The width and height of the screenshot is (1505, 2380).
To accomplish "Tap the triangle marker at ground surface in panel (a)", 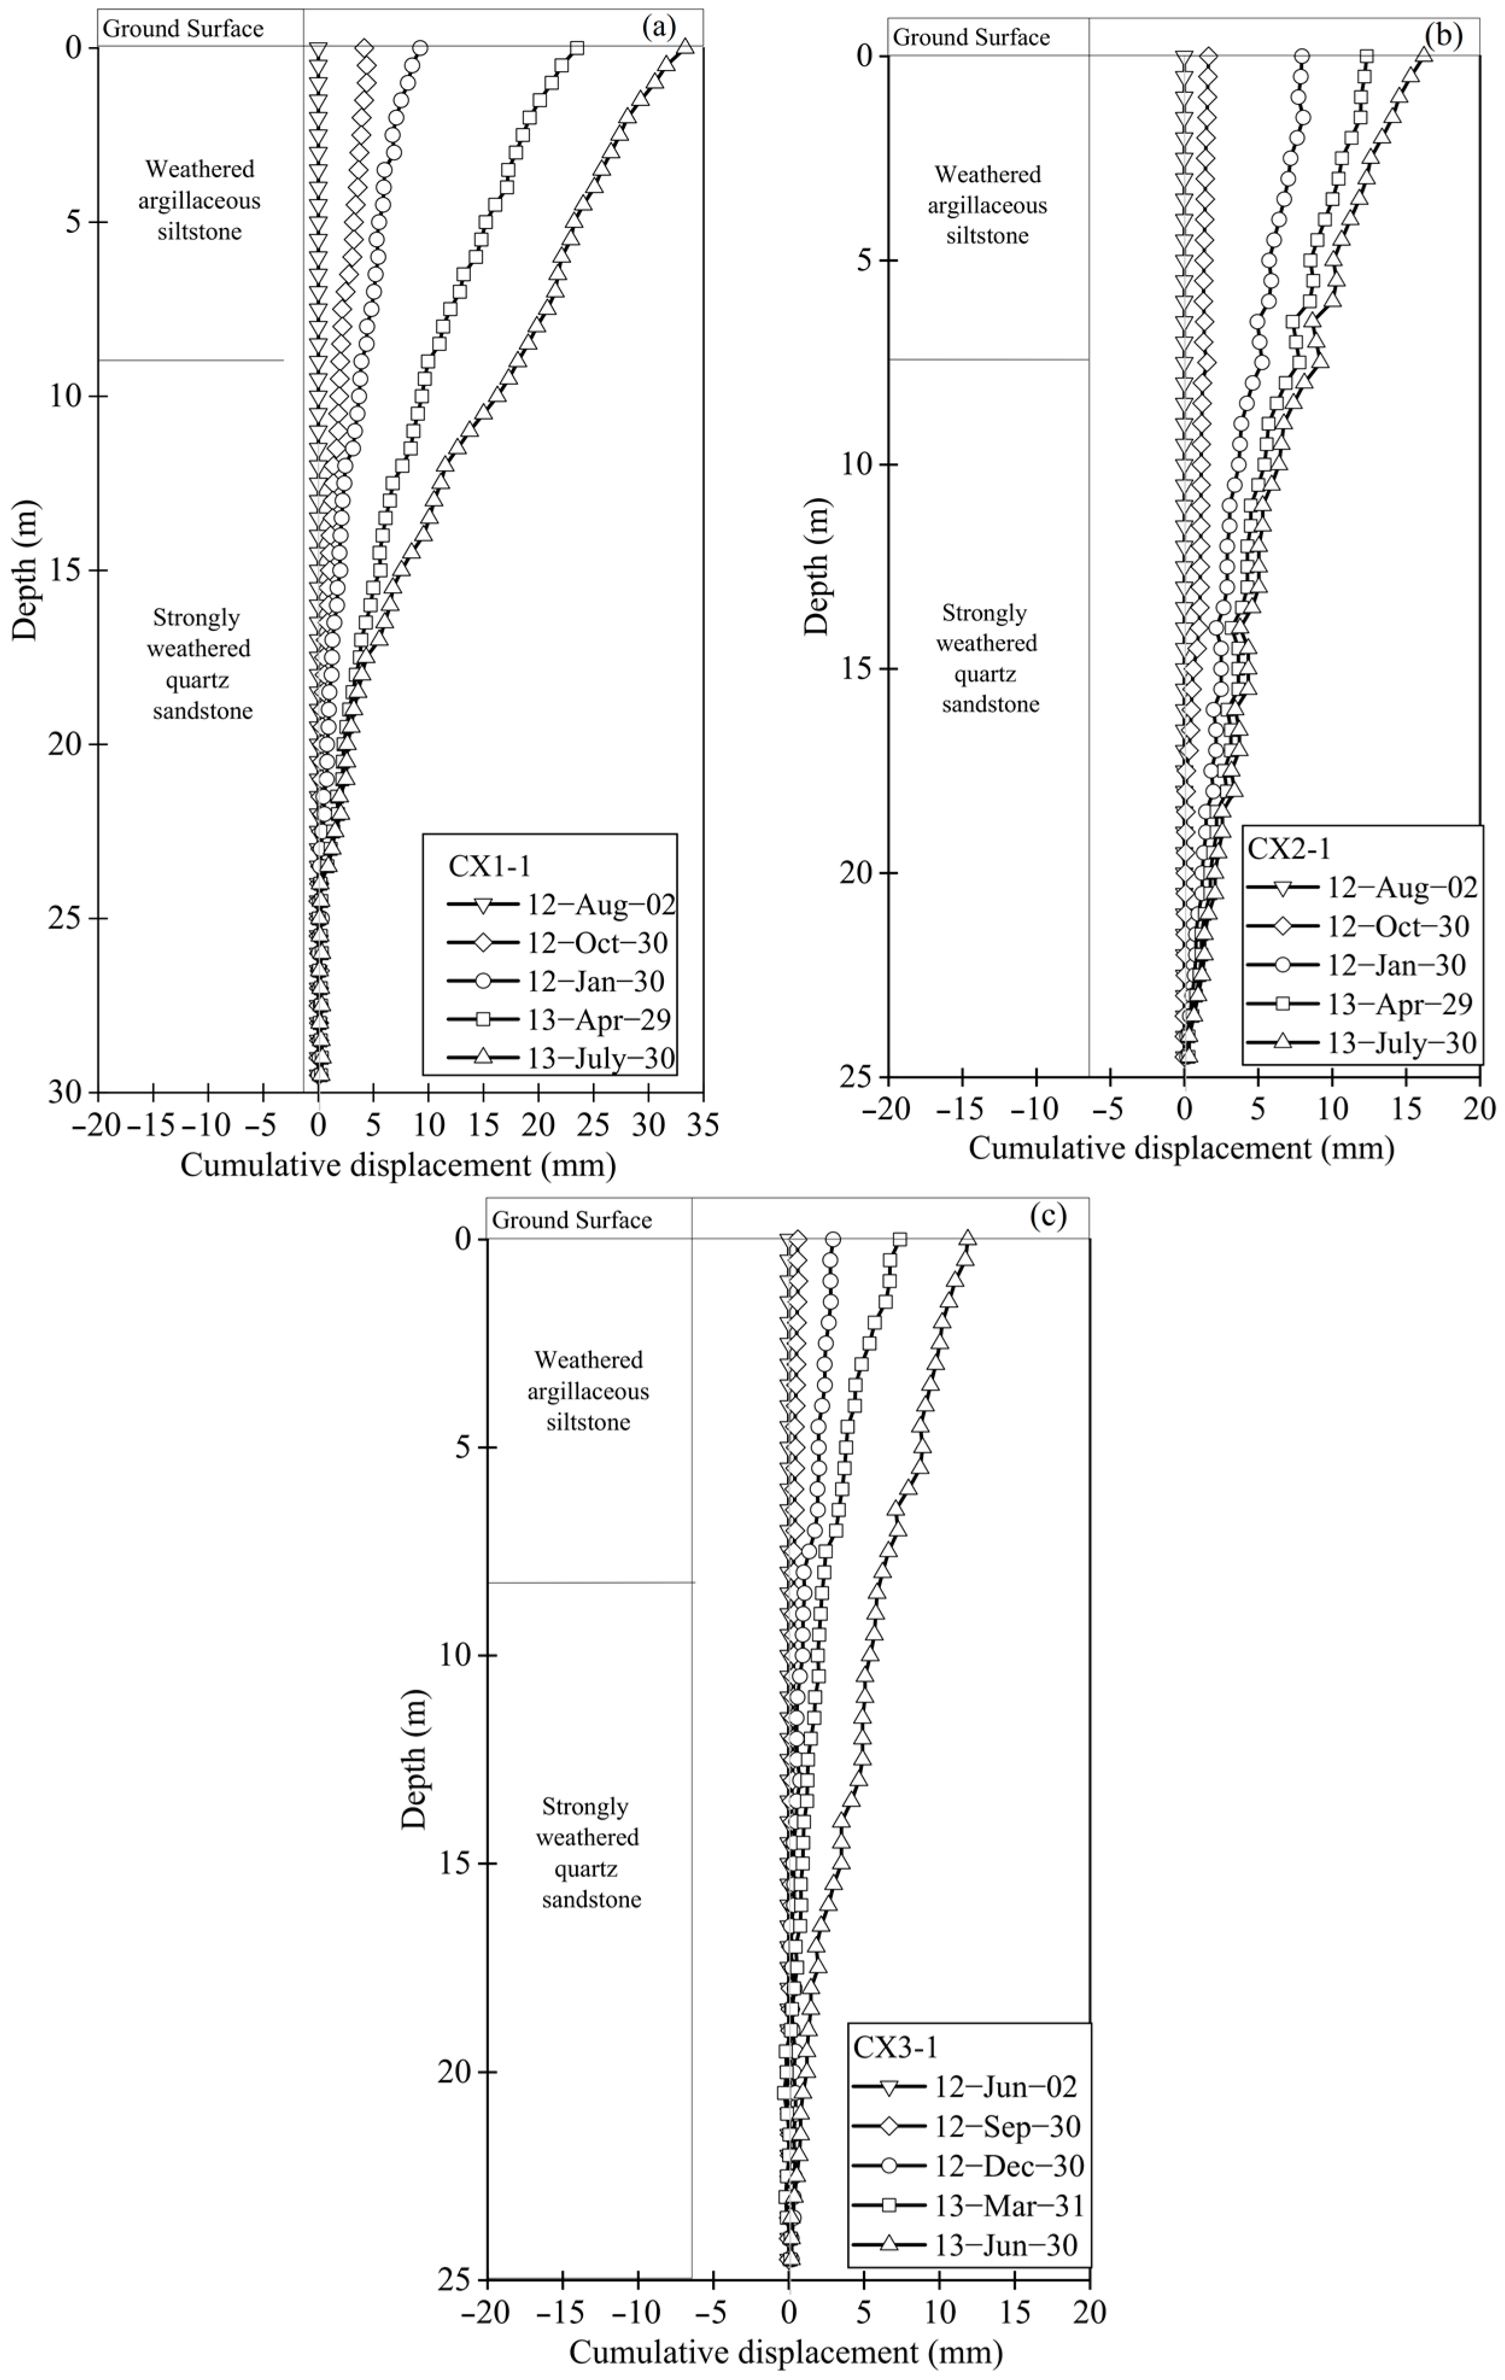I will click(x=684, y=48).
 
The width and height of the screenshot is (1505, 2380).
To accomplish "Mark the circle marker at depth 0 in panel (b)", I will click(x=1302, y=55).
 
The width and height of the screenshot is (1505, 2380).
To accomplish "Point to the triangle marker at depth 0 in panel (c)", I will click(x=967, y=1239).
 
